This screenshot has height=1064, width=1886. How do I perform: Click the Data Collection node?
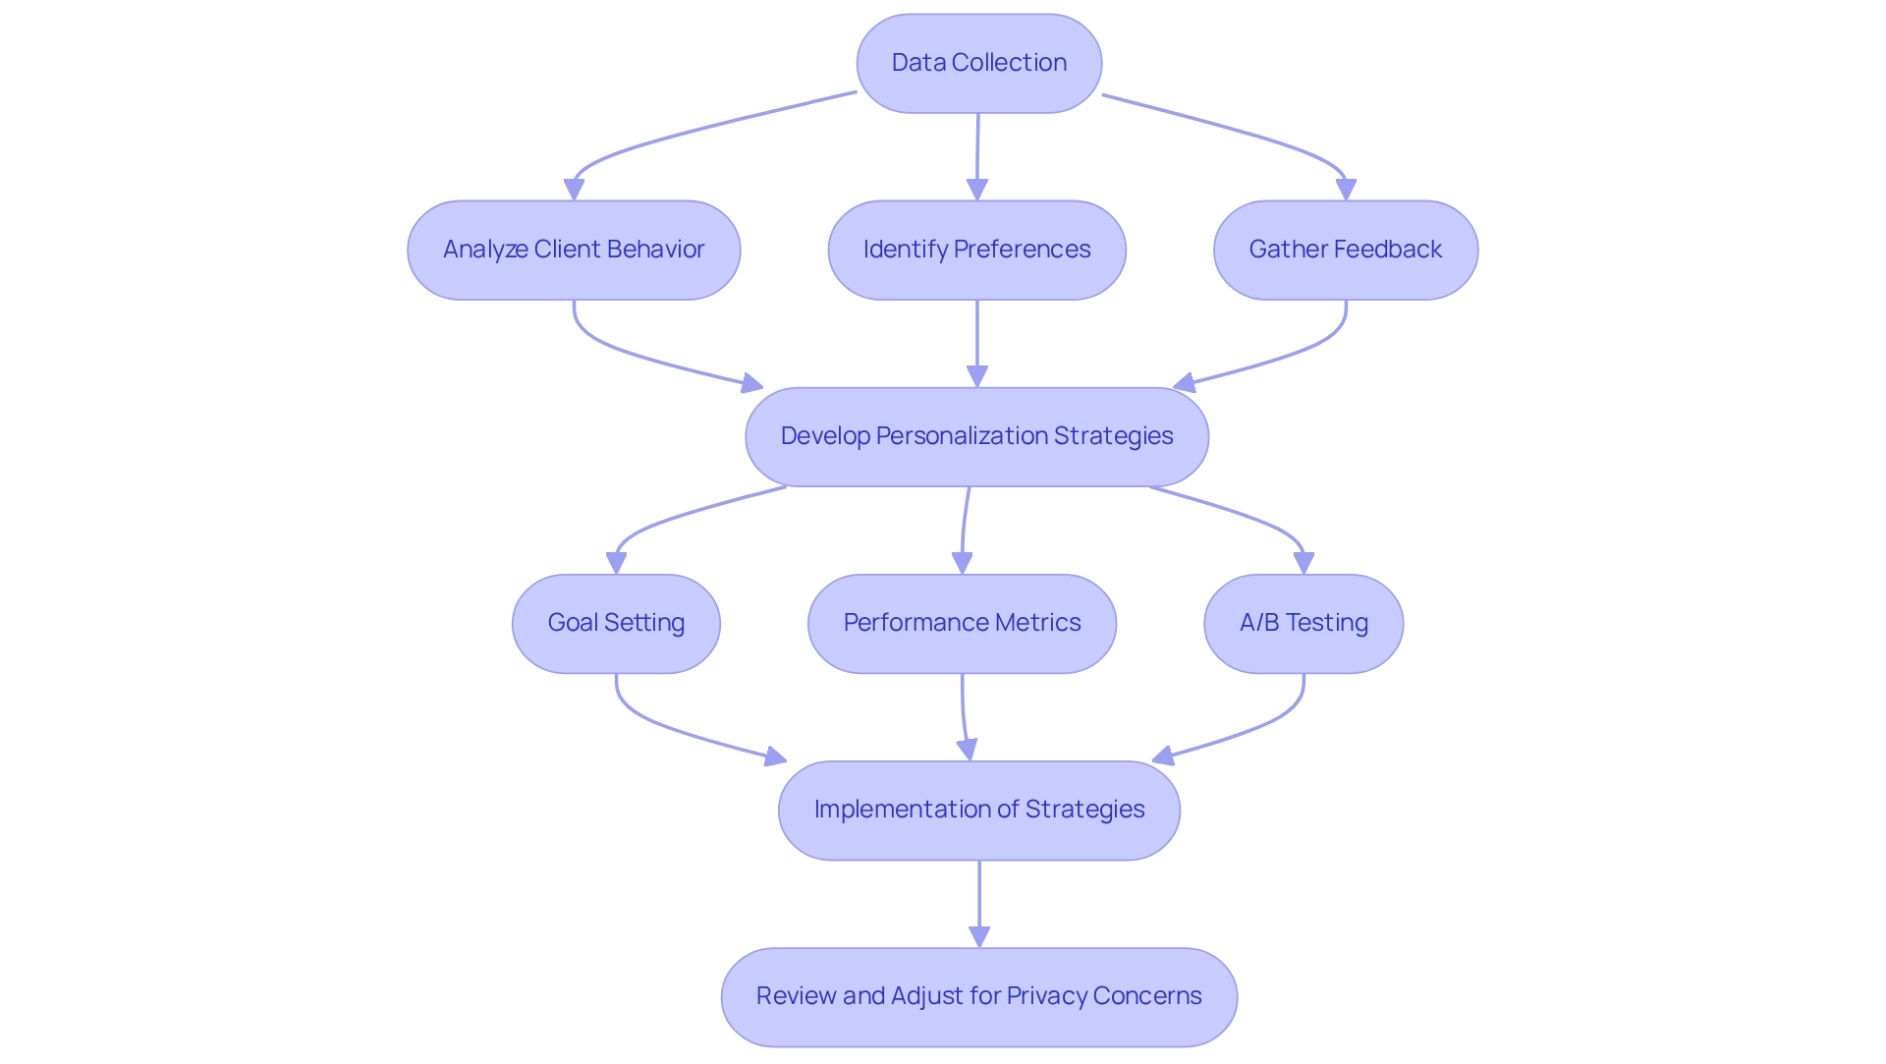(x=978, y=63)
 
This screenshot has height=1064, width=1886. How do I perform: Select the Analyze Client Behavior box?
(x=574, y=250)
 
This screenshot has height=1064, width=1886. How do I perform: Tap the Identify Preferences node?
(x=976, y=250)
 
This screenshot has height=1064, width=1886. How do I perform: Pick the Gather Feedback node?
(x=1345, y=250)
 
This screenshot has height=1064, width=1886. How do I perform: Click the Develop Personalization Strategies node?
(x=976, y=436)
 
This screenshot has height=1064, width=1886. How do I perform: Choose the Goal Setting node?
(x=616, y=623)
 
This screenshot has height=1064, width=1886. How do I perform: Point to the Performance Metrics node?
(x=962, y=623)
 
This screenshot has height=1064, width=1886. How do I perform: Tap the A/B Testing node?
(x=1303, y=623)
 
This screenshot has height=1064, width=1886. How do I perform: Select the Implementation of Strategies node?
(x=978, y=810)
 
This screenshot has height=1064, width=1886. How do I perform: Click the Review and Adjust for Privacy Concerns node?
(x=978, y=996)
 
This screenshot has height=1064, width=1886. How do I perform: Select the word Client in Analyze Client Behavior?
(x=566, y=250)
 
